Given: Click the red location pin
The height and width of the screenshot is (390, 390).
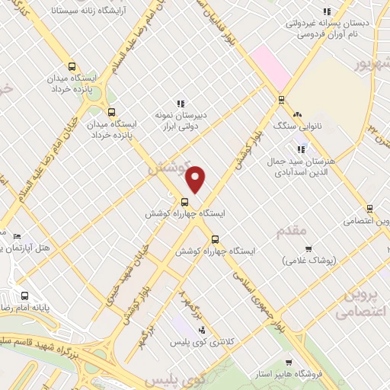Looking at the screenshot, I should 196,178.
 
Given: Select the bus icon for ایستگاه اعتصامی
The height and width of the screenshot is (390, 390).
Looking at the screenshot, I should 369,208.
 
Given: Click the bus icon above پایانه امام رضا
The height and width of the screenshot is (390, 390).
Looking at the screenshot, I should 24,296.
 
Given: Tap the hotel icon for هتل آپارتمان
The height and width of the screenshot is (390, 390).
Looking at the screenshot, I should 17,236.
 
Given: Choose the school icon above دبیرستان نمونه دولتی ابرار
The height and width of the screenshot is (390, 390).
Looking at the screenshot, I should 181,104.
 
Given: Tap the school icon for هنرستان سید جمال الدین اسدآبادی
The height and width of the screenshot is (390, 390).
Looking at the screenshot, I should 303,148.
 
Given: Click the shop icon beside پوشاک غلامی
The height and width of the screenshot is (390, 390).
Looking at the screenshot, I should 308,248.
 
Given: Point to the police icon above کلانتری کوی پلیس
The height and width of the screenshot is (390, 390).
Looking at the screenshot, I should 201,329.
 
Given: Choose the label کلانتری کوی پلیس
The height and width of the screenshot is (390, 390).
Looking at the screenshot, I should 210,343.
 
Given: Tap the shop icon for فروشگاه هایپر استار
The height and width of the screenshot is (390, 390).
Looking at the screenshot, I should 286,362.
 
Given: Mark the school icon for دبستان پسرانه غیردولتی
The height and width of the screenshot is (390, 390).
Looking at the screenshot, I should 326,11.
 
